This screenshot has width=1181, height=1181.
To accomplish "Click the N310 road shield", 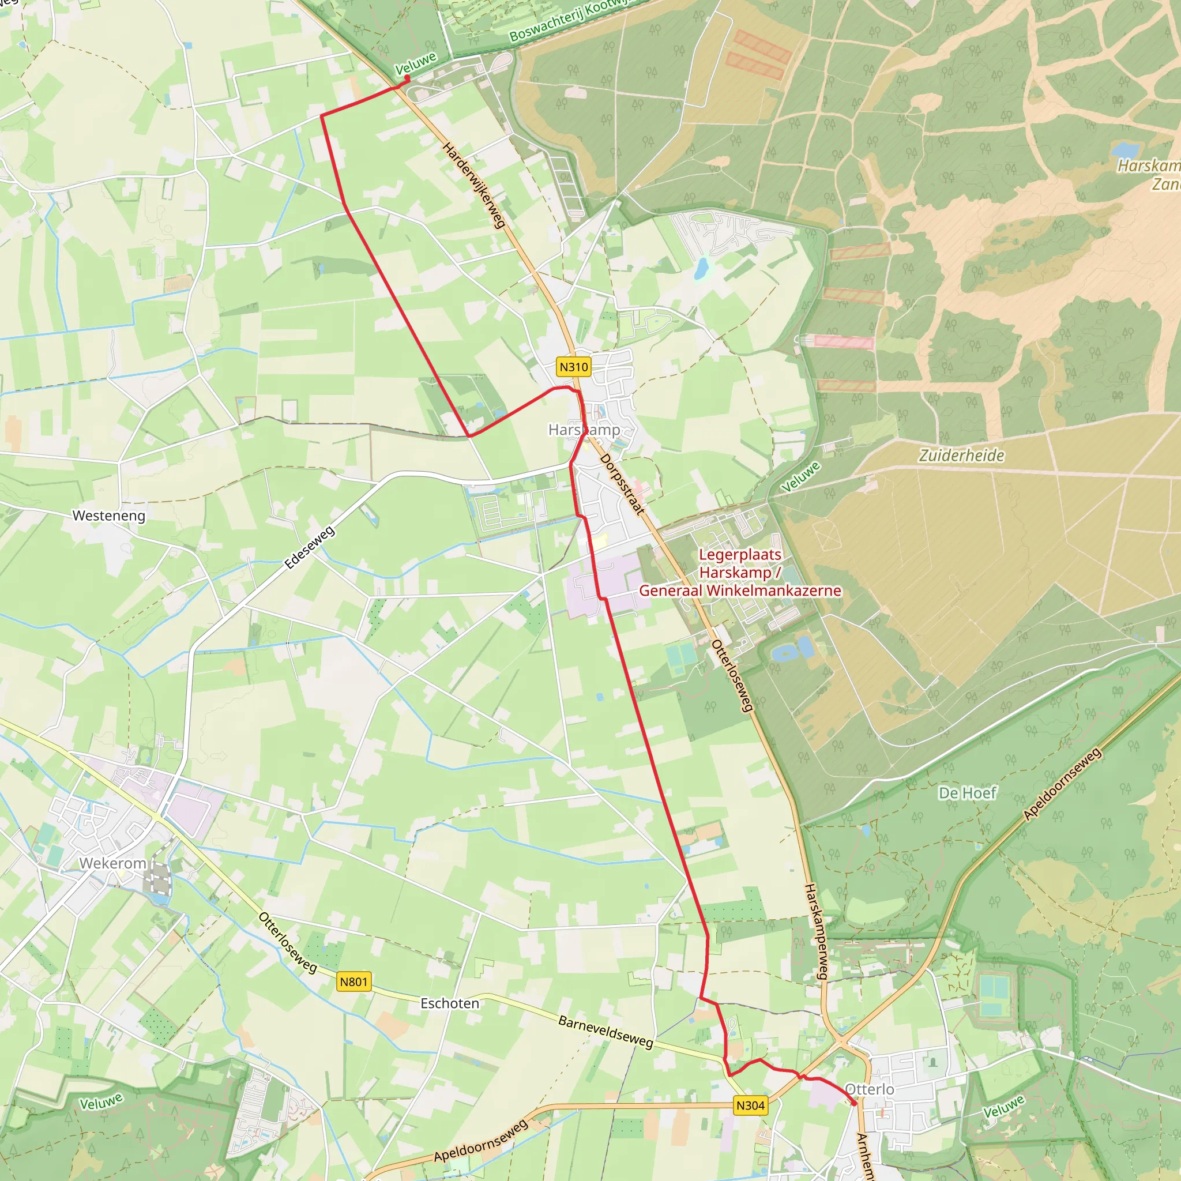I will point(573,367).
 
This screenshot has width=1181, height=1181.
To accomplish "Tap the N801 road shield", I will point(354,981).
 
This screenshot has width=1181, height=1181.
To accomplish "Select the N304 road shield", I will point(750,1105).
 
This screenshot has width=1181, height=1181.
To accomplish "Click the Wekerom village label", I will point(113,863).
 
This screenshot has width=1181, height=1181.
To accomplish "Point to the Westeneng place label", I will point(110,516).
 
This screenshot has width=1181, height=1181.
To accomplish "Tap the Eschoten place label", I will point(449,1003).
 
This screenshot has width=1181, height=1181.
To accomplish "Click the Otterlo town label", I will point(869,1089).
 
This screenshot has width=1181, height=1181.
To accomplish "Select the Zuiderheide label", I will point(961,456).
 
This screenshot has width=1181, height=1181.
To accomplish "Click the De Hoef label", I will point(967,793).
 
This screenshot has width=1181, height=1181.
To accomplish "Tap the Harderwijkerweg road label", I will point(475,185).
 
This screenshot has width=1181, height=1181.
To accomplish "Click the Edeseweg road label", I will point(310,547).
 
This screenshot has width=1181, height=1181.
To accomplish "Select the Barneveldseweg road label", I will point(606,1032).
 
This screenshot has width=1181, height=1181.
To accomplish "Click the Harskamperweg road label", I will point(816,931).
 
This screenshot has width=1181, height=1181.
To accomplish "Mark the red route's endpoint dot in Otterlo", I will point(854,1103).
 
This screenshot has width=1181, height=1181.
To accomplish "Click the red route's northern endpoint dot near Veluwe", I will point(407,78).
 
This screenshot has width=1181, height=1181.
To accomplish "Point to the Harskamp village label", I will point(584,430).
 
